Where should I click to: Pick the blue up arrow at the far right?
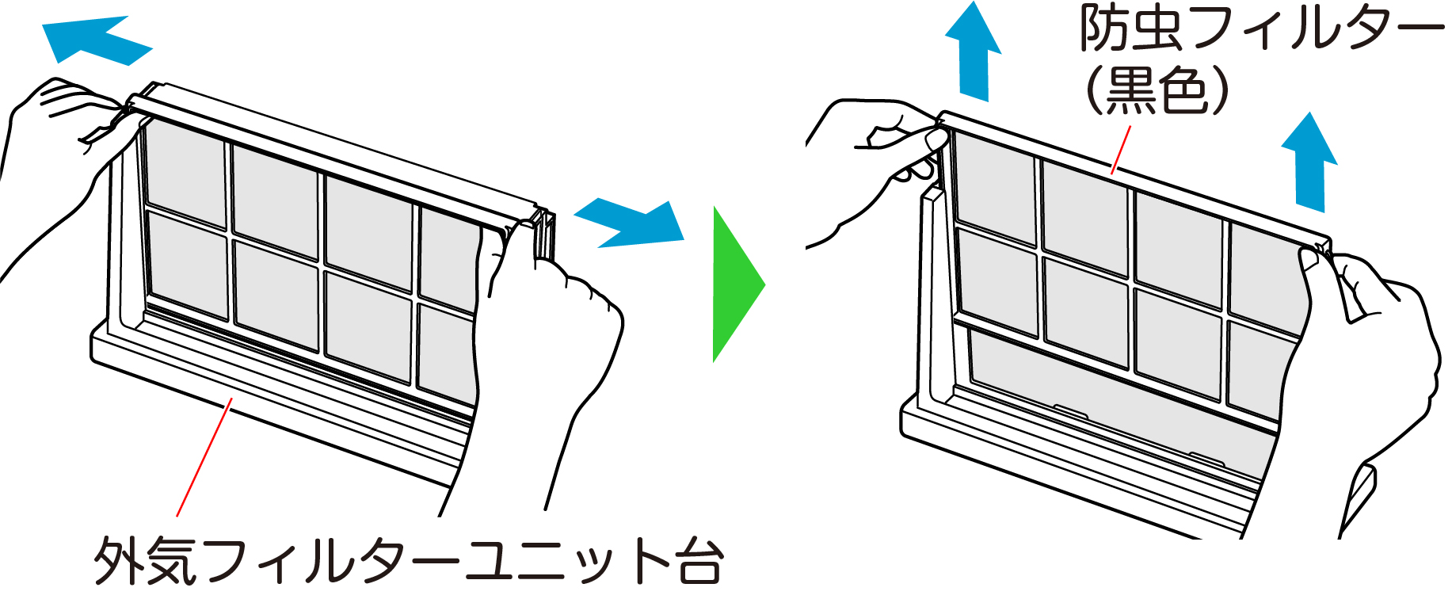click(1309, 162)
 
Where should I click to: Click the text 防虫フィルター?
click(1260, 30)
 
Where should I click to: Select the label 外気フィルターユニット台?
click(408, 561)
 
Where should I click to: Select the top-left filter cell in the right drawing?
click(994, 189)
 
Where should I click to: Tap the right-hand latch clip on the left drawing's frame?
click(543, 234)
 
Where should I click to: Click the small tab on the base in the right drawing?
click(1069, 410)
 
